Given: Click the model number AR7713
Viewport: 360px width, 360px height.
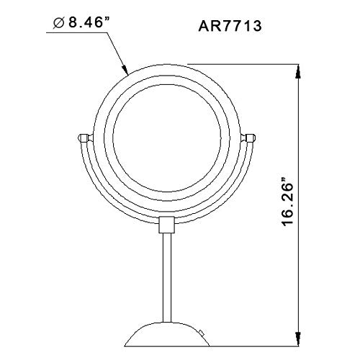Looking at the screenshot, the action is coord(230,26).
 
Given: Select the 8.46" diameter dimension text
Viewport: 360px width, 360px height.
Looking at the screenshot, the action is coord(85,23).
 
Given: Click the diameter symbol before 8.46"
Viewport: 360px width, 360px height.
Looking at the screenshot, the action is coord(59,24).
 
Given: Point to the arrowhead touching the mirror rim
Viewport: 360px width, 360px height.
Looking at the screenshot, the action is coord(125,69).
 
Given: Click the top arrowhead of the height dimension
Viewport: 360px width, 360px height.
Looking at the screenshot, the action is coord(298,71).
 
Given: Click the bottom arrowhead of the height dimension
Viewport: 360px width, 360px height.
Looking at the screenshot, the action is coord(298,339).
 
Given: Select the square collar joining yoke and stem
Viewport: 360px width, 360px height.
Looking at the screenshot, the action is coord(166,225).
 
